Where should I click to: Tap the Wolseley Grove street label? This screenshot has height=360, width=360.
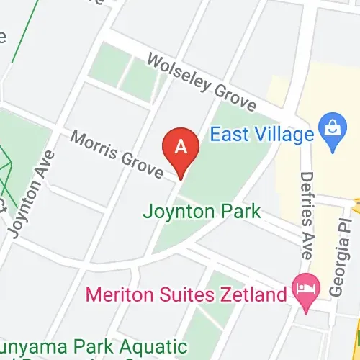[x=201, y=84]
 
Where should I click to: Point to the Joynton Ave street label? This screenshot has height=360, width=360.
[x=32, y=194]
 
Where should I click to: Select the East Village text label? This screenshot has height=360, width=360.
[x=262, y=134]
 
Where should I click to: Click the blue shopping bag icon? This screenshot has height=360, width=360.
[x=333, y=134]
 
